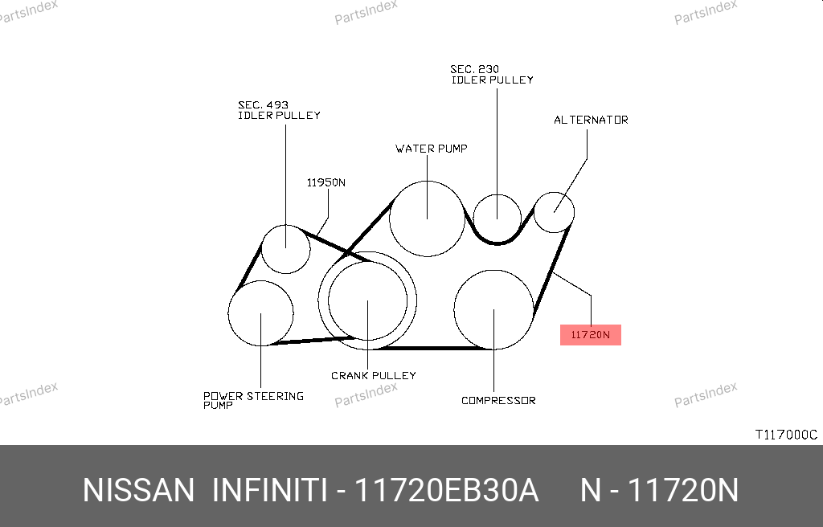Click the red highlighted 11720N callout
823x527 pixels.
[591, 335]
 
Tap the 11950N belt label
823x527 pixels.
[326, 182]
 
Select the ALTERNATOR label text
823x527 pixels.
[591, 120]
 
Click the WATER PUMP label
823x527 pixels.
[431, 149]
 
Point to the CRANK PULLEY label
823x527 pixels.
[373, 375]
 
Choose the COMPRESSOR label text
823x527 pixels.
[498, 401]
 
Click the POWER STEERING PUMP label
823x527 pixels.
[253, 400]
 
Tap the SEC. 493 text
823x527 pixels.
[263, 105]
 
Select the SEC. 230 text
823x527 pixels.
[474, 69]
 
